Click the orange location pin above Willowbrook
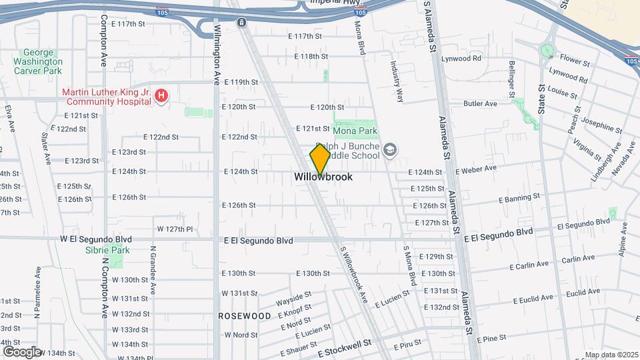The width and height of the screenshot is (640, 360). coord(320,159)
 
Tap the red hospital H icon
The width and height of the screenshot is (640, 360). coord(161,97)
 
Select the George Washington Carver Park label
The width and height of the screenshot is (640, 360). coord(42,61)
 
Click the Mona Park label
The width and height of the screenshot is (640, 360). coord(355,132)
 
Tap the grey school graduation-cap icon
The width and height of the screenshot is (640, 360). coord(390,151)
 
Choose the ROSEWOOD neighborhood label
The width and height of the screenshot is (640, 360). coord(245,315)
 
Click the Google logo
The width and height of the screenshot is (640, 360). coord(21,351)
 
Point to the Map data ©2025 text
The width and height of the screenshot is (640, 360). coord(611,355)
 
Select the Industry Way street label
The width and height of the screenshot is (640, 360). coord(397,82)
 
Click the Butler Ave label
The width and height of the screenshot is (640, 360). coord(481,104)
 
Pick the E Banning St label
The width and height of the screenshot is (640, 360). coord(519,198)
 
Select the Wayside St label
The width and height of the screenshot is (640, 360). coord(294,295)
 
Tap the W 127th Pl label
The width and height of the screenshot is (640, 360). coord(175,229)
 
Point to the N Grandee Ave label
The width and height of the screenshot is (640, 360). coord(153,270)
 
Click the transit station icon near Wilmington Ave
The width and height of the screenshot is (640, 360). coord(241,22)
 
